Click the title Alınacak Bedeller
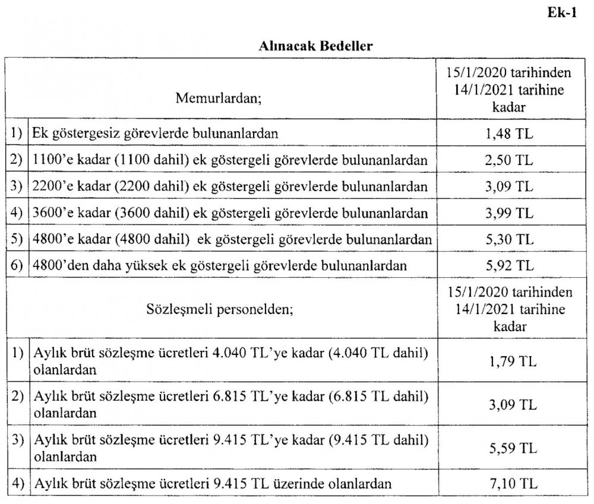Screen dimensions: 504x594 315,46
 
